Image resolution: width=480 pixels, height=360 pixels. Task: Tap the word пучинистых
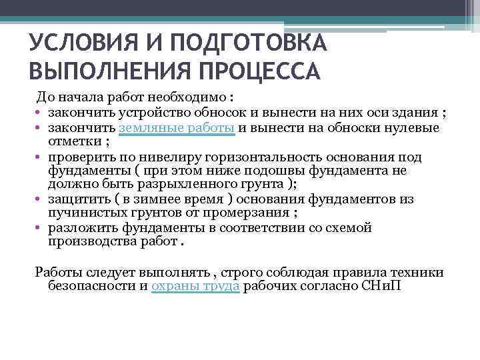(81, 213)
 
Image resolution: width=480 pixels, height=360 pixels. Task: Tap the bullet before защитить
(39, 199)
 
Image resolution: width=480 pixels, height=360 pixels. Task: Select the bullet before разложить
(39, 228)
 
